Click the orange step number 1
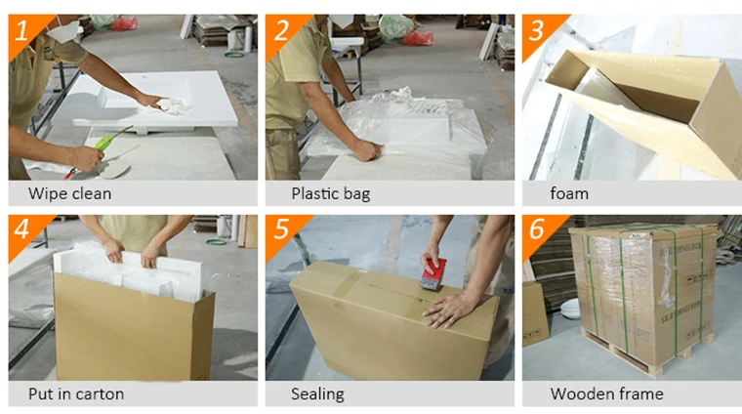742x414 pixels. [x=21, y=31]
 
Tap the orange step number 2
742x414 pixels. [x=280, y=30]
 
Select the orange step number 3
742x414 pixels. [x=537, y=30]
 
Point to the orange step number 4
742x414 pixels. [x=21, y=229]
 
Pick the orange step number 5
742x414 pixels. [x=281, y=229]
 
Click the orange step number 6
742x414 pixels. [x=537, y=229]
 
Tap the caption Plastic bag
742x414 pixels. [x=331, y=194]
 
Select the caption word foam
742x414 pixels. [x=569, y=193]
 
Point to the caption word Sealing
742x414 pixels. [x=317, y=394]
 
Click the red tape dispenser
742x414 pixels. [x=433, y=274]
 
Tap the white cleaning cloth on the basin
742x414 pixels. [x=166, y=106]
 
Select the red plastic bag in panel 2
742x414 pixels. [x=418, y=38]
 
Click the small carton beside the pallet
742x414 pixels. [x=535, y=313]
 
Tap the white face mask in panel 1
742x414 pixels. [x=63, y=30]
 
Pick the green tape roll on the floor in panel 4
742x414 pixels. [x=217, y=242]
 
